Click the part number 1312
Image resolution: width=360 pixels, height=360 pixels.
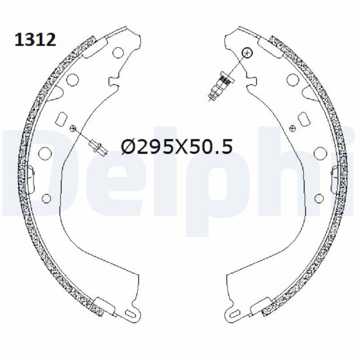[35, 40]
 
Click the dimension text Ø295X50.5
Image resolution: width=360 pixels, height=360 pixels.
[177, 147]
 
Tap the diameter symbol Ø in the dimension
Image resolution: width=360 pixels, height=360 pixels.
[129, 147]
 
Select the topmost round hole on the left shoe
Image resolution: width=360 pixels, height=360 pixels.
[118, 52]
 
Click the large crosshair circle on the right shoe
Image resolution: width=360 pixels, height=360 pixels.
[247, 53]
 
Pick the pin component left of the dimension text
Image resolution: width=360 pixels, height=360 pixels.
[98, 147]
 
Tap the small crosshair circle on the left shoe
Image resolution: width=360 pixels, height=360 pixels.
[72, 128]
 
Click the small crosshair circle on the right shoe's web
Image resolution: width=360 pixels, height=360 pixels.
[292, 128]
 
